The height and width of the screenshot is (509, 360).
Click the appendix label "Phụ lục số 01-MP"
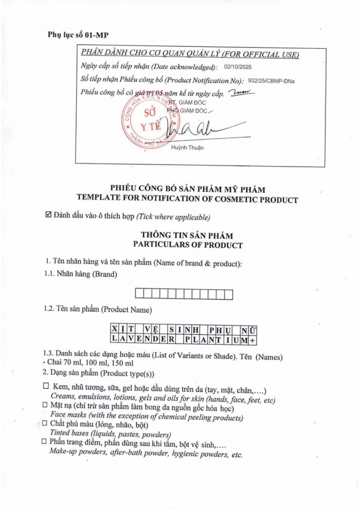[78, 35]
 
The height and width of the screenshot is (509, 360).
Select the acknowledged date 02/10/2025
[238, 67]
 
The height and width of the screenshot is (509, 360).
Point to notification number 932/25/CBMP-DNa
[271, 80]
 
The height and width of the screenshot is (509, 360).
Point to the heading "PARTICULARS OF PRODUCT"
[187, 245]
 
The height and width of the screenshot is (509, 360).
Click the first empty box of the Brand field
[139, 295]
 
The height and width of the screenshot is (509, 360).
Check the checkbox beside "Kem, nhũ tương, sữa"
[46, 386]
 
